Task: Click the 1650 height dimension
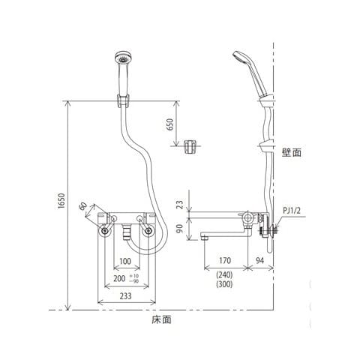(x=61, y=201)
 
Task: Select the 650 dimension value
(x=169, y=124)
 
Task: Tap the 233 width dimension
(x=125, y=296)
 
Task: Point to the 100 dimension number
(x=125, y=261)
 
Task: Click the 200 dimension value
(x=119, y=278)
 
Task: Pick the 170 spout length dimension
(x=225, y=260)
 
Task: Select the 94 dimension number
(x=259, y=260)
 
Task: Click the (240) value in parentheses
(x=224, y=275)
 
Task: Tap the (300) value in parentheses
(x=224, y=284)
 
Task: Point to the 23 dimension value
(x=180, y=205)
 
